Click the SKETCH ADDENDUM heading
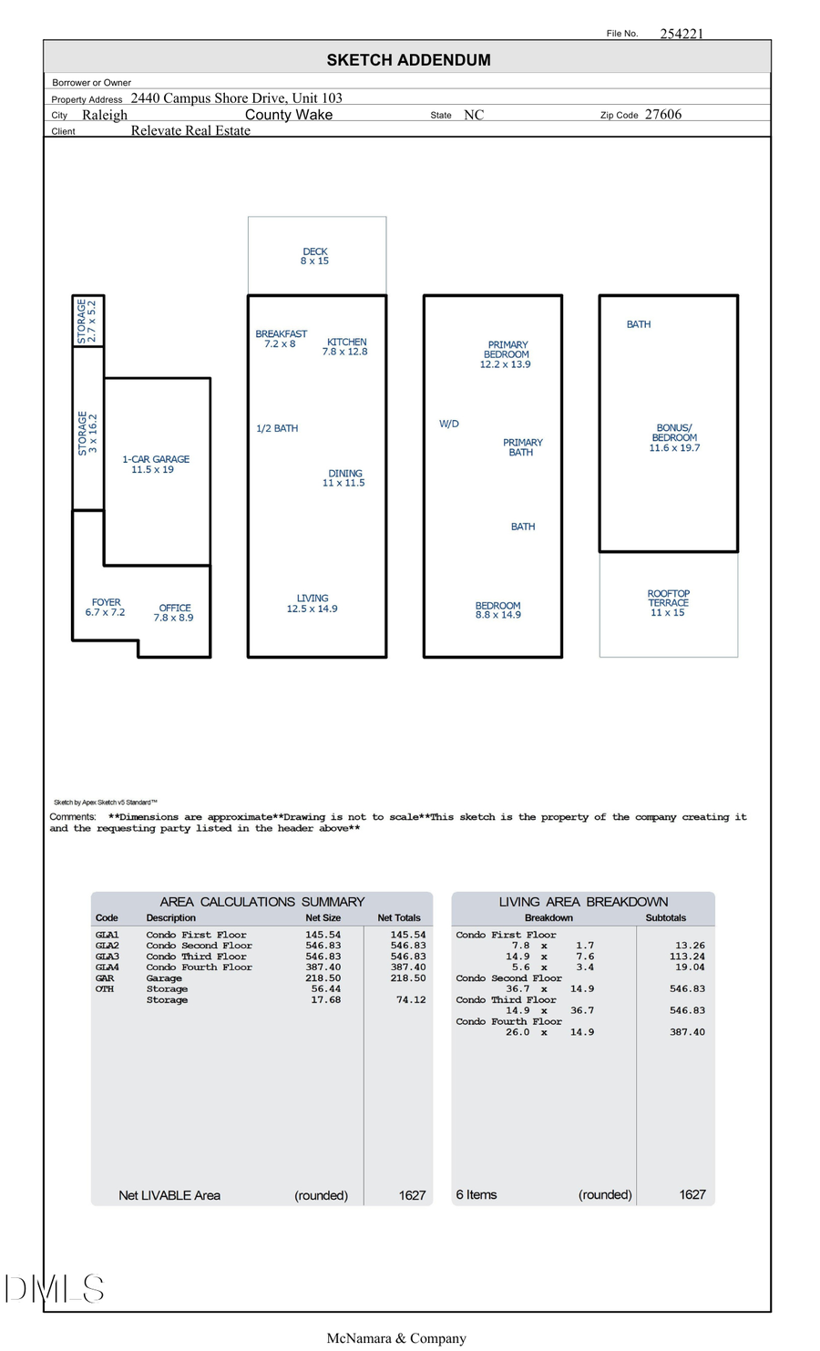tap(408, 60)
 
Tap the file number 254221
tap(681, 34)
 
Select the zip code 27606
tap(662, 115)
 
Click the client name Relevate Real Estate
tap(190, 130)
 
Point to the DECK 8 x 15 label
tap(314, 256)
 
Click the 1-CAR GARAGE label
tap(156, 465)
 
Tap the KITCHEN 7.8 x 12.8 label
tap(345, 347)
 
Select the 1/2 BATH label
tap(277, 428)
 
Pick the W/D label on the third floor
tap(449, 425)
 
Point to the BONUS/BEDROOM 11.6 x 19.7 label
tap(674, 438)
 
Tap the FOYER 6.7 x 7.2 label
tap(106, 608)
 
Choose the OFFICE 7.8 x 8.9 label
tap(174, 613)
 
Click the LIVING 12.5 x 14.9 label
tap(312, 604)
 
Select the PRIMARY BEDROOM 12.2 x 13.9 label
tap(506, 354)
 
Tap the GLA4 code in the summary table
tap(107, 967)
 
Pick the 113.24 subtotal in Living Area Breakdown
tap(686, 957)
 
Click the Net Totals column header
tap(398, 918)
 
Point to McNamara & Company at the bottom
tap(396, 1338)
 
